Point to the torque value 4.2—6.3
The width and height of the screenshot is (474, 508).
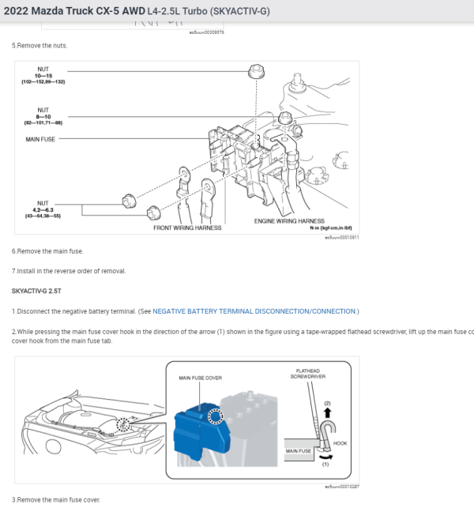43,209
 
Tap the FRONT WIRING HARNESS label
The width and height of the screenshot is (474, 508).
187,228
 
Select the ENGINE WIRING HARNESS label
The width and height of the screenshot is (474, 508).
289,220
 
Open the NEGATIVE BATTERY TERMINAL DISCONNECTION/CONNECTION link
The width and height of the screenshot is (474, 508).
255,311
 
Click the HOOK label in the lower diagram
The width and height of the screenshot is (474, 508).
340,443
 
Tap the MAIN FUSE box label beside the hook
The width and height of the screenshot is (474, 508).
298,451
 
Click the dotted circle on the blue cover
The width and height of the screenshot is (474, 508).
214,416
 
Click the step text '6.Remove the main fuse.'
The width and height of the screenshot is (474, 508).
47,250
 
